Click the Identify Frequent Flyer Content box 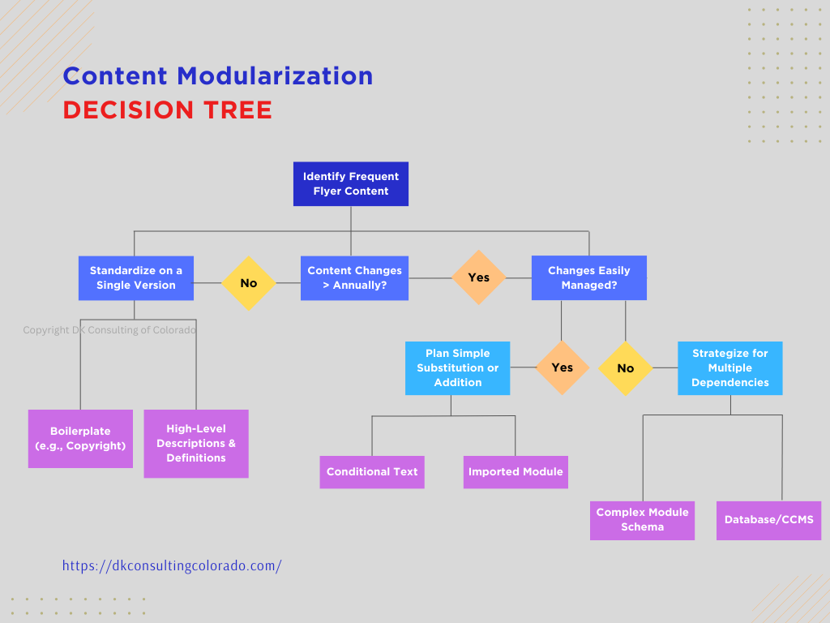point(351,184)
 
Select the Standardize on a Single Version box point(135,278)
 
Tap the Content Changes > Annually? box point(354,278)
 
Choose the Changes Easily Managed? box point(588,278)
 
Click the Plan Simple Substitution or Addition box point(457,368)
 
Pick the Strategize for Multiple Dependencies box point(729,368)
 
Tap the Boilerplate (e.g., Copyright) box point(80,439)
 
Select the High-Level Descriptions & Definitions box point(196,444)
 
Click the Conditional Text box point(372,472)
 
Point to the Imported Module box point(516,472)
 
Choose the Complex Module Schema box point(642,520)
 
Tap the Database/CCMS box point(768,520)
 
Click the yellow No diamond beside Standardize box point(249,283)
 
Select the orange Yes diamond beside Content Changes point(478,277)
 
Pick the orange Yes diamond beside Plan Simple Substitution point(562,367)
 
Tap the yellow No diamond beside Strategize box point(625,368)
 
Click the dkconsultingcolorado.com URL point(172,566)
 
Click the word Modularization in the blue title point(275,76)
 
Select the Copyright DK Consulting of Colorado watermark point(109,330)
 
